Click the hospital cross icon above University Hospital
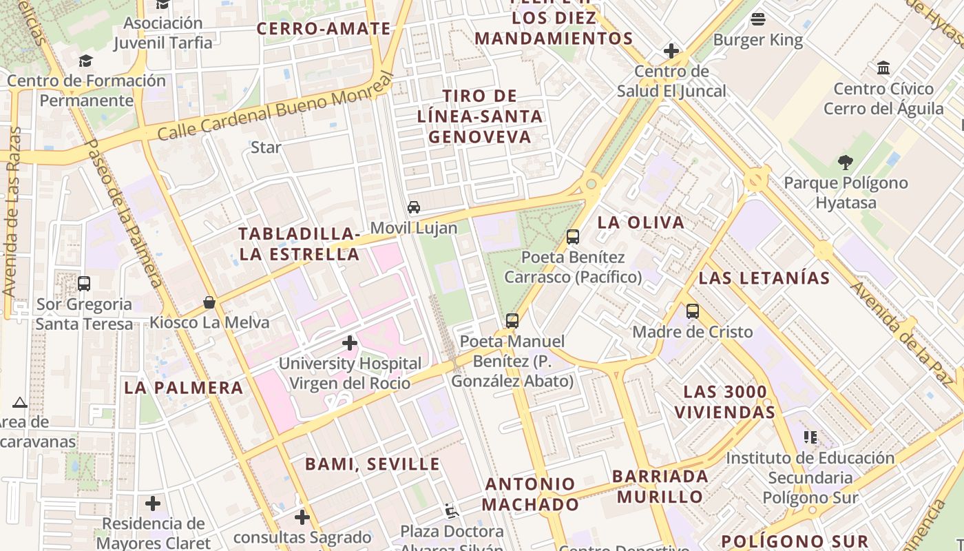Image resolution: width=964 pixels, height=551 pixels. [x=350, y=342]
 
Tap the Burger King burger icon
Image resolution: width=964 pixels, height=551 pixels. [x=758, y=19]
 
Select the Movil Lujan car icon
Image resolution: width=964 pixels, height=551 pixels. [x=414, y=207]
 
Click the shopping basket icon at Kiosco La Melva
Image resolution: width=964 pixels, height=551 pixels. [x=209, y=302]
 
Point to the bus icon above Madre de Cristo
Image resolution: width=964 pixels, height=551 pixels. [x=693, y=311]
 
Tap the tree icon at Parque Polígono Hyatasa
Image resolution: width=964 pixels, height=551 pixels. [x=846, y=163]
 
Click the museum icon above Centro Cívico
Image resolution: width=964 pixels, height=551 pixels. [x=883, y=68]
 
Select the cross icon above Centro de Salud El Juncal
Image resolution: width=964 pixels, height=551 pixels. [x=671, y=51]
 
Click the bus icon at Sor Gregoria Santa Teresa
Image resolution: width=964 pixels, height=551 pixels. [x=84, y=284]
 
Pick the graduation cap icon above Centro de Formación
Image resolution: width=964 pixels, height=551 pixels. [x=85, y=61]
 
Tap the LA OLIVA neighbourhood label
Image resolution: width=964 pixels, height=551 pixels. [x=641, y=222]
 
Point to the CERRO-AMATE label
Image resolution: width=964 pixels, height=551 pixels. [x=324, y=29]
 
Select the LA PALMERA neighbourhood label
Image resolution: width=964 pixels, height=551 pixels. [x=184, y=388]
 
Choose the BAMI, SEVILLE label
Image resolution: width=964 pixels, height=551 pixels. [x=373, y=464]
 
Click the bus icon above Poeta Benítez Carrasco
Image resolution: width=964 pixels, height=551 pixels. [x=572, y=237]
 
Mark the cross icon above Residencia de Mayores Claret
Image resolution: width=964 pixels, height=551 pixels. [x=153, y=504]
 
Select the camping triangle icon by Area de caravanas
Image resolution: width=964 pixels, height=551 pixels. [x=19, y=402]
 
